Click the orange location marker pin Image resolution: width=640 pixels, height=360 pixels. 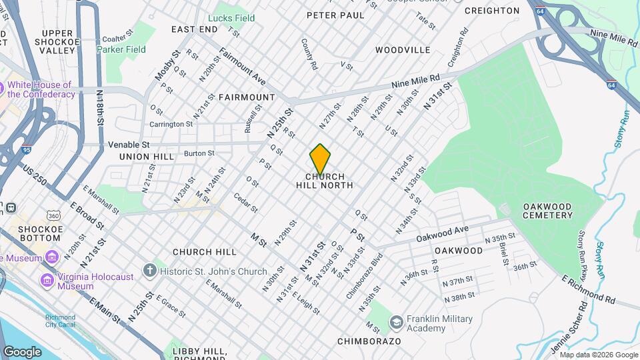click(320, 159)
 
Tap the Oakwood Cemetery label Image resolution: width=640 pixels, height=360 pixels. click(548, 211)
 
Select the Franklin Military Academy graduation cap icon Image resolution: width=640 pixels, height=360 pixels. click(396, 323)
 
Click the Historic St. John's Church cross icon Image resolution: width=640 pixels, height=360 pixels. click(150, 271)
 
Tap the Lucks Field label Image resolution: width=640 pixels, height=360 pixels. click(231, 18)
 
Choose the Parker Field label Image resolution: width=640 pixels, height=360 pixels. click(121, 49)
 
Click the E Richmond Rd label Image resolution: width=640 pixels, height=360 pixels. click(589, 289)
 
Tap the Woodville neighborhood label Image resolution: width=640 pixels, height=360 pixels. click(403, 50)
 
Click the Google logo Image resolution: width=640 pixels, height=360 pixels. click(23, 351)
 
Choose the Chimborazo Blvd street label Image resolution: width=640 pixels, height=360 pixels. click(364, 276)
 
